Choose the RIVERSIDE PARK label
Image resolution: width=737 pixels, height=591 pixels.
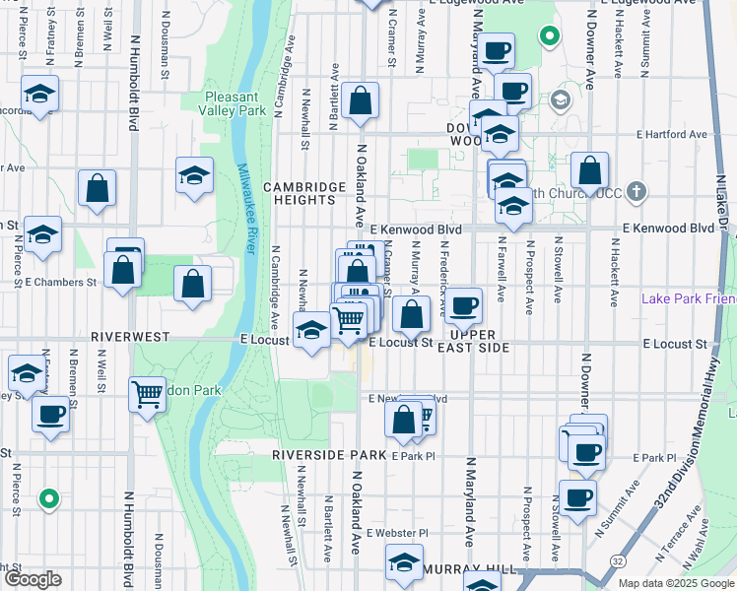pyautogui.click(x=328, y=455)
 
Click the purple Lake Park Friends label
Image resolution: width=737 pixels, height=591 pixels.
pyautogui.click(x=688, y=298)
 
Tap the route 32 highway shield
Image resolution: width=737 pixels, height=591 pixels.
pyautogui.click(x=616, y=559)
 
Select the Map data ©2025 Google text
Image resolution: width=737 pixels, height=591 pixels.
pyautogui.click(x=675, y=583)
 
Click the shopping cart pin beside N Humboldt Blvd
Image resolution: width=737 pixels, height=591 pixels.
pyautogui.click(x=147, y=394)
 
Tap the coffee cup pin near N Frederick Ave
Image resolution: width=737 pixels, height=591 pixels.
pyautogui.click(x=464, y=304)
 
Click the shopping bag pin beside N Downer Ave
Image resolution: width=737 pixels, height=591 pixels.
pyautogui.click(x=590, y=171)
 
